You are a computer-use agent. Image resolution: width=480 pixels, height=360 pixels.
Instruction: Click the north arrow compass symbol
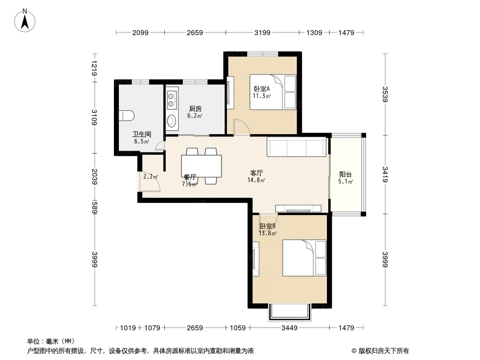click(x=25, y=21)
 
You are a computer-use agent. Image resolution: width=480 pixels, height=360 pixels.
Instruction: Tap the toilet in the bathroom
click(x=127, y=115)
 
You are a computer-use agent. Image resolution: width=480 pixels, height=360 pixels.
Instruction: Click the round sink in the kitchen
click(x=172, y=120)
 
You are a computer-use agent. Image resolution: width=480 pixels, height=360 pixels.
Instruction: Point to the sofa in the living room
click(x=297, y=147)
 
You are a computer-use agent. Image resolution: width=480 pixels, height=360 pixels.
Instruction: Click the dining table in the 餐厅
click(x=201, y=166)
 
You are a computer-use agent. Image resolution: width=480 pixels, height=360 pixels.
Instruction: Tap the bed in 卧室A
click(x=273, y=92)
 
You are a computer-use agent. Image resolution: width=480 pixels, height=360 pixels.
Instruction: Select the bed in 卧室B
click(x=304, y=258)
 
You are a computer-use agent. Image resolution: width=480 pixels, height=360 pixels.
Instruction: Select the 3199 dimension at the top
click(x=263, y=32)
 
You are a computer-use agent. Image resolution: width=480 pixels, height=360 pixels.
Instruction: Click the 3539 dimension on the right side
click(x=385, y=94)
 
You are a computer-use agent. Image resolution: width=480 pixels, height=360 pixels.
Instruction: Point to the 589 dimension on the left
click(x=94, y=207)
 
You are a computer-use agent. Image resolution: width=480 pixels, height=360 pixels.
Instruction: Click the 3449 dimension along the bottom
click(x=289, y=328)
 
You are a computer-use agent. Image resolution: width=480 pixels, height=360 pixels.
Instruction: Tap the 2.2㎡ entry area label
click(x=150, y=176)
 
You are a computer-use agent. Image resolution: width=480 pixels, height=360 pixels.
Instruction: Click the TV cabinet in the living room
click(x=298, y=209)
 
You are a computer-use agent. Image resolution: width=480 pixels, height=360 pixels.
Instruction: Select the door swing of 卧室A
click(x=242, y=126)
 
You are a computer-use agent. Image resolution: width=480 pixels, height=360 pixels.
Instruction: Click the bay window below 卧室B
click(x=290, y=312)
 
